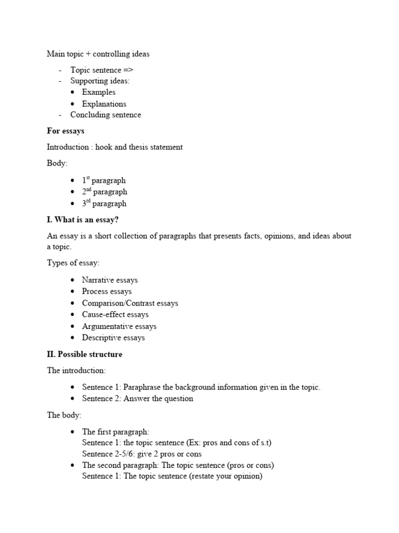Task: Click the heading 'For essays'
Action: click(x=65, y=131)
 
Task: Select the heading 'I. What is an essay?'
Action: click(x=86, y=220)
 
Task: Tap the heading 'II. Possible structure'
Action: click(x=85, y=354)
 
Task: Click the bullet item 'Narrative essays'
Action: click(x=110, y=280)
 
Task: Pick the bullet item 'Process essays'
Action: click(x=107, y=291)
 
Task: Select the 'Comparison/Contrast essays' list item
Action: click(x=130, y=303)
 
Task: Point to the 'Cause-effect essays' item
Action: click(x=115, y=314)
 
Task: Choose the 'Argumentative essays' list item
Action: click(x=119, y=326)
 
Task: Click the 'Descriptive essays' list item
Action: click(x=113, y=338)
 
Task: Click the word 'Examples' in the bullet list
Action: click(x=99, y=92)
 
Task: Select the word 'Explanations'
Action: click(x=104, y=104)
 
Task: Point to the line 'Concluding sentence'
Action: click(x=105, y=115)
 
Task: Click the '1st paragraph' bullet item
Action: click(x=104, y=181)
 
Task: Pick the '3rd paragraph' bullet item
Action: click(x=104, y=204)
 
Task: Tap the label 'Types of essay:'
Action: click(x=73, y=263)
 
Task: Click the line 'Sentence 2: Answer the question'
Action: click(x=137, y=399)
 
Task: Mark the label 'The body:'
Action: click(x=64, y=415)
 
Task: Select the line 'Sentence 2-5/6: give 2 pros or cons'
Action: click(x=142, y=454)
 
